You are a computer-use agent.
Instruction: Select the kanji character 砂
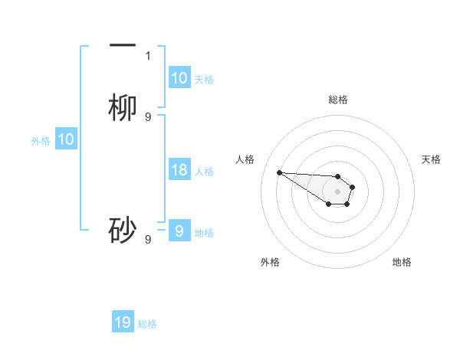123,231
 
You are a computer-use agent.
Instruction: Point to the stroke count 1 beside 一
148,56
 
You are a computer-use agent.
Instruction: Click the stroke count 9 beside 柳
148,116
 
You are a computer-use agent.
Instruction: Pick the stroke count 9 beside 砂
148,239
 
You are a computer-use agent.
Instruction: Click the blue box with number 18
179,170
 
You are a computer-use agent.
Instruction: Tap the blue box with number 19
123,322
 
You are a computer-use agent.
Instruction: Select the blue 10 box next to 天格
179,78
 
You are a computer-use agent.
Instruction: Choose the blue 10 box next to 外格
66,139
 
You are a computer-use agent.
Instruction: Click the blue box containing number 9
179,231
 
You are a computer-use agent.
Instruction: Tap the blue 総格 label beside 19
147,324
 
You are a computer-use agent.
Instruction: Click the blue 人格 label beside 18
204,172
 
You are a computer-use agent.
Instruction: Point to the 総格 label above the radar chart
338,100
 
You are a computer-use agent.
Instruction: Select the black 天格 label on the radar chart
431,159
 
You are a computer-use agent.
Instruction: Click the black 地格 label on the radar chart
402,262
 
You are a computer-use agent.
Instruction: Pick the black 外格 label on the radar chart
270,262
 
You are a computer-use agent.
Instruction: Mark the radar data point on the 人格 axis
279,172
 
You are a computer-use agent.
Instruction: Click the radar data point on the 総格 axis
338,176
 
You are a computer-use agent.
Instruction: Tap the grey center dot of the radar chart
338,191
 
